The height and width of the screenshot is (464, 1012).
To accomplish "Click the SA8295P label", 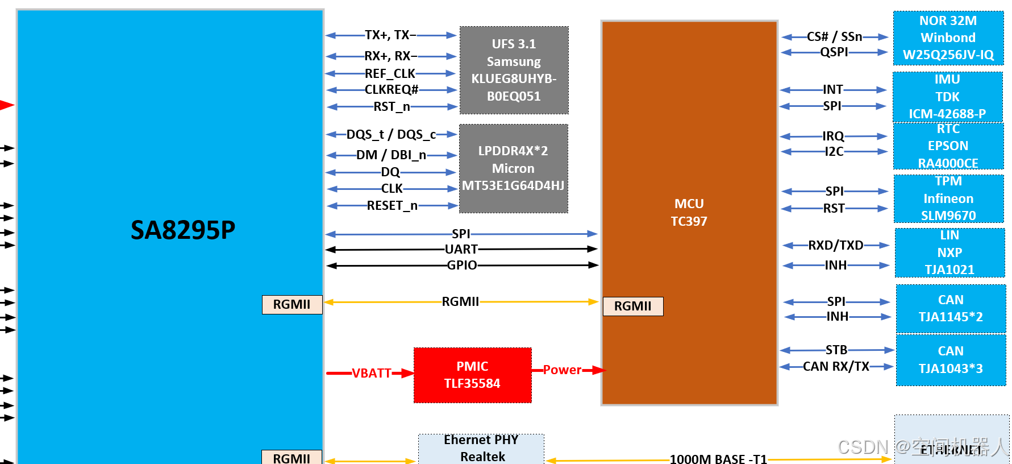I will point(182,230).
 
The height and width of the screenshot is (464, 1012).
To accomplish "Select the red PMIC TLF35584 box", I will point(472,375).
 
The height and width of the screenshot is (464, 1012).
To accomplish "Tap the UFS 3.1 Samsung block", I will point(514,70).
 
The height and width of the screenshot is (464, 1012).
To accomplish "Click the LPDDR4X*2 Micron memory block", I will point(513,168).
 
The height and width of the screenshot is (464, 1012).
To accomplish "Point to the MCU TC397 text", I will point(689,212).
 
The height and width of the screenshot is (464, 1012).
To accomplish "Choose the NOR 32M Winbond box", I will point(948,38).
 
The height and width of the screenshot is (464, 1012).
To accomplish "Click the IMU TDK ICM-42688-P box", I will point(947,97).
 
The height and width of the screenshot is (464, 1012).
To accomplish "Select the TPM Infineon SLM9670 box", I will point(948,198).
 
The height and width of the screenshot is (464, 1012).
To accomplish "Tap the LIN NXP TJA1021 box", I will point(949,252).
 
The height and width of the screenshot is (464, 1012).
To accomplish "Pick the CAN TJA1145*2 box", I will point(951,308).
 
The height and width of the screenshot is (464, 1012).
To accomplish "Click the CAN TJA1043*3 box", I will point(951,360).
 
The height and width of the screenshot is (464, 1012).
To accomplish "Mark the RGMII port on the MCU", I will point(632,306).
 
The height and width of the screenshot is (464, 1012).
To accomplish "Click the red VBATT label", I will point(372,373).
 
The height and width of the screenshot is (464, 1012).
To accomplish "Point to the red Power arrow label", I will point(562,370).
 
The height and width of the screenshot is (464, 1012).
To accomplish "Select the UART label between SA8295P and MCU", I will point(461,249).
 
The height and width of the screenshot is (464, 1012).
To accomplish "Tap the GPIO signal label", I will point(461,265).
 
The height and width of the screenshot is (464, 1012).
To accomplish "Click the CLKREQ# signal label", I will point(392,90).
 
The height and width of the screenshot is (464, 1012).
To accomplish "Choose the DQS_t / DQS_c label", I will point(392,134).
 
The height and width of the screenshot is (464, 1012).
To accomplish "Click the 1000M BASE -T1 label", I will point(718,458).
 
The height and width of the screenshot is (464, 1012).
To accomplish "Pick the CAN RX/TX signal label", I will point(836,366).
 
